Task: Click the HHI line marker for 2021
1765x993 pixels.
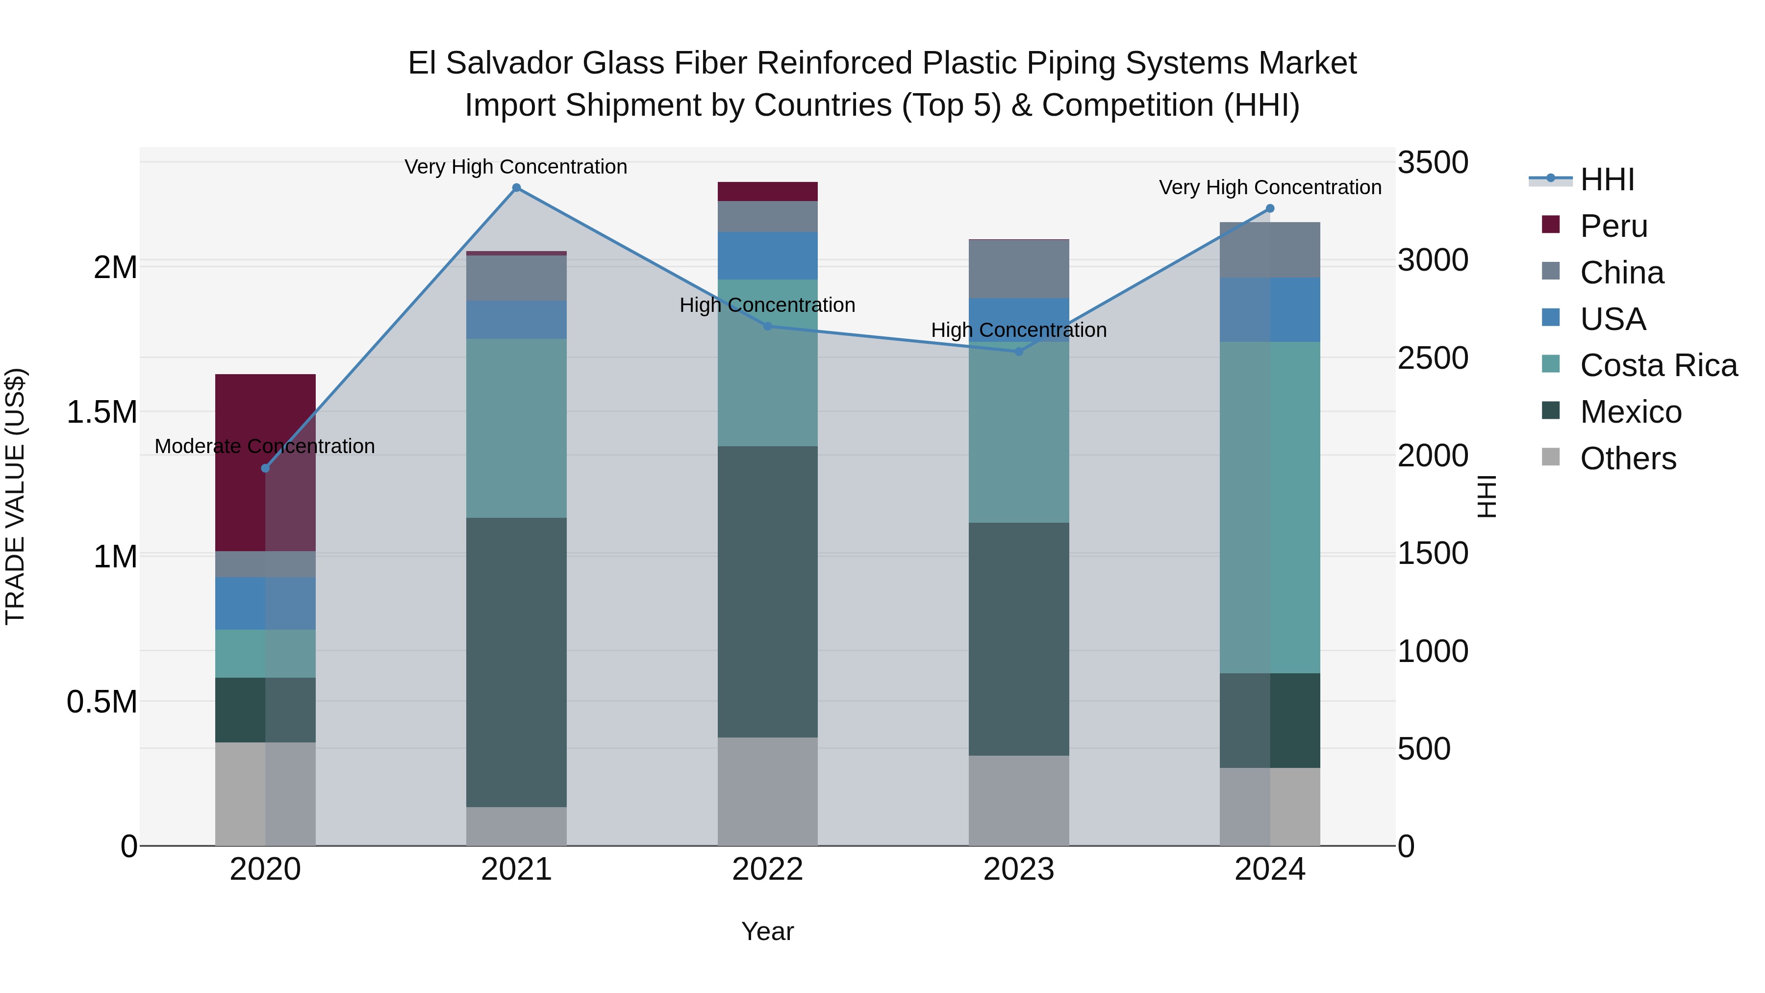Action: (x=517, y=188)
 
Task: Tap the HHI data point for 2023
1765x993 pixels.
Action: (x=1018, y=352)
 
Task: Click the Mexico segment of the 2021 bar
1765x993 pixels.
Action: (x=517, y=662)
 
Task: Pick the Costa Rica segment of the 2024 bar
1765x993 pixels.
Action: (x=1270, y=507)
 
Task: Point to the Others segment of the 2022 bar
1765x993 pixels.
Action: (x=767, y=791)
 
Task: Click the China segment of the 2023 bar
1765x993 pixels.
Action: (x=1018, y=269)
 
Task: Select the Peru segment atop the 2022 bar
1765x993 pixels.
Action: (x=767, y=191)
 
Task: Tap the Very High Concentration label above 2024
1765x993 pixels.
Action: (x=1270, y=187)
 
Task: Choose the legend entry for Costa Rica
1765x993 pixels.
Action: (x=1658, y=365)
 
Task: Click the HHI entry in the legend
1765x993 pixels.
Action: (x=1607, y=179)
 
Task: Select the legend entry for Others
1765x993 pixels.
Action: (x=1627, y=458)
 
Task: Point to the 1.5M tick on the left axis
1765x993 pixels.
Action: (x=101, y=412)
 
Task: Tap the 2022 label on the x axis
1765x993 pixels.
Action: (x=767, y=869)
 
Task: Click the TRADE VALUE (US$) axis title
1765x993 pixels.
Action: (x=15, y=496)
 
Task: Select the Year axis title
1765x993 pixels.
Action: (x=767, y=931)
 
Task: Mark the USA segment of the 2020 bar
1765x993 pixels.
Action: (x=265, y=603)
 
